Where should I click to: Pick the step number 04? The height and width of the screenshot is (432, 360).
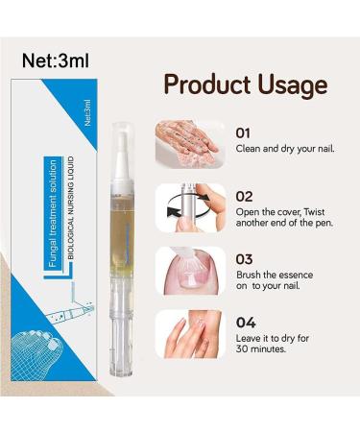pyautogui.click(x=244, y=322)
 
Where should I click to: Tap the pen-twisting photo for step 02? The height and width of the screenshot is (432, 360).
pyautogui.click(x=190, y=206)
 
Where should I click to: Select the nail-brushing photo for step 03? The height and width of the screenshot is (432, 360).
pyautogui.click(x=190, y=270)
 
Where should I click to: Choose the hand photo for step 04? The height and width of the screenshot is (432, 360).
pyautogui.click(x=190, y=333)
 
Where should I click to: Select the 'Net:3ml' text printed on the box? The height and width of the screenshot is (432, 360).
pyautogui.click(x=85, y=114)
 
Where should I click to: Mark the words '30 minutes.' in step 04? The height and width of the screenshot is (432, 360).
pyautogui.click(x=264, y=349)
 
